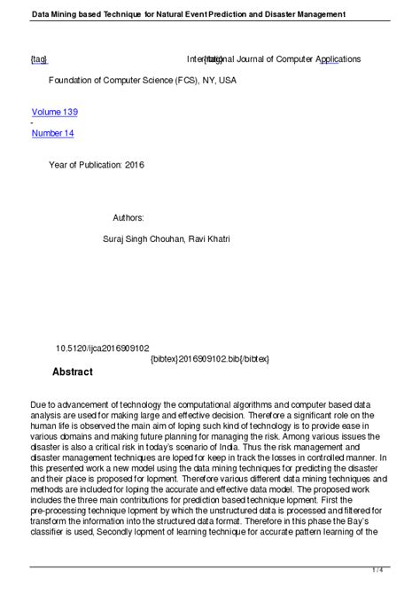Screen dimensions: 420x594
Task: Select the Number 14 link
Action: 52,133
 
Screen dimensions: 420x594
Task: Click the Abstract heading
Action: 72,371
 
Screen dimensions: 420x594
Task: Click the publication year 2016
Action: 133,165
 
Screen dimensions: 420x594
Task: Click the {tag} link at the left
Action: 38,59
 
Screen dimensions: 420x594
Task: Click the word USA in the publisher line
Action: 228,80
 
